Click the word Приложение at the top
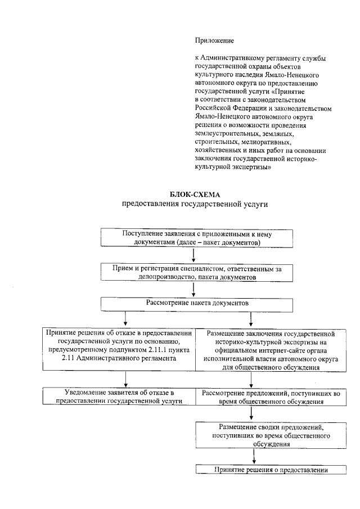[x=214, y=40]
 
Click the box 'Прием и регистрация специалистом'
[x=193, y=273]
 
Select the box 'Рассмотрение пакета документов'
[x=197, y=303]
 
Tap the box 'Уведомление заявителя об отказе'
[x=120, y=396]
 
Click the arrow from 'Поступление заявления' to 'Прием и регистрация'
[x=193, y=256]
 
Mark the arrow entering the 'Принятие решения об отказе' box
[x=125, y=320]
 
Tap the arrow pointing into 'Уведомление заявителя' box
[x=125, y=379]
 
